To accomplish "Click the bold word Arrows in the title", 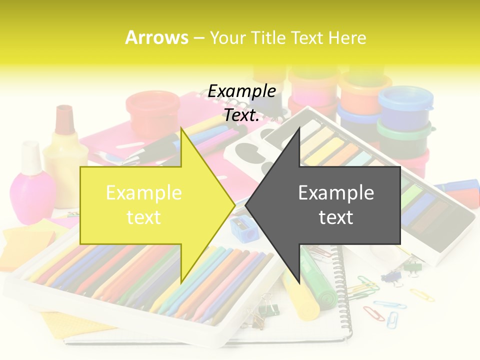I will point(157,37).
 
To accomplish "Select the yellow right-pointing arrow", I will point(150,205).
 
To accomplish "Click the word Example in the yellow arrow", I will point(144,192).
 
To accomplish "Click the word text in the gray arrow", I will point(336,217).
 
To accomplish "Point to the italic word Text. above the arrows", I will point(242,115).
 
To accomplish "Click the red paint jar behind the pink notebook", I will point(146,114).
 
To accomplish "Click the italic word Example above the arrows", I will point(242,91).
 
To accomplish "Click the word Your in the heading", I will point(223,37).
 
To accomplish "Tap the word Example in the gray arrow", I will point(336,192).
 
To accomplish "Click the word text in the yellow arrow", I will point(144,217).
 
